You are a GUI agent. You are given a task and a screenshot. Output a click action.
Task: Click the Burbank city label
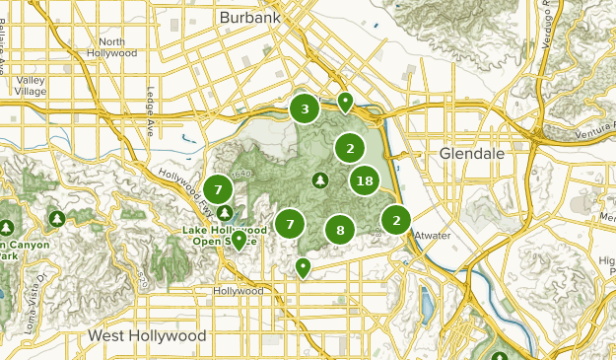click(249, 18)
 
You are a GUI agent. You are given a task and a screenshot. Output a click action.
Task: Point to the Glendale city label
click(471, 155)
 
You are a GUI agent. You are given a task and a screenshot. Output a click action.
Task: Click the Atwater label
click(432, 234)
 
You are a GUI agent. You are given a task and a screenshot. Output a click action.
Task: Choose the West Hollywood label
click(147, 336)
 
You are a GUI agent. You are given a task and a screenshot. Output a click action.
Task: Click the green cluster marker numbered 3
click(305, 109)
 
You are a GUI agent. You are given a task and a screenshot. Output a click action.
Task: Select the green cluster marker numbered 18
click(365, 180)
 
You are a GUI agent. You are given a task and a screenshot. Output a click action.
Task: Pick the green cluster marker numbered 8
click(340, 231)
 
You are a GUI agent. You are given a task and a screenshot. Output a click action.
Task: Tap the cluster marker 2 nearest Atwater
click(396, 220)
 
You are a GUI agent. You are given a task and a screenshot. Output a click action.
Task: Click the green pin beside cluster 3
click(345, 102)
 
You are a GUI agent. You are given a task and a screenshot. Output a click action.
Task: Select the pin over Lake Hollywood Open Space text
click(239, 240)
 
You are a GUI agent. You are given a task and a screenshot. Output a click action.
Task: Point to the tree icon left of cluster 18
click(319, 180)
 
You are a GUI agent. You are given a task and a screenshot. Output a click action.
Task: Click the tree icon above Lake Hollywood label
click(226, 212)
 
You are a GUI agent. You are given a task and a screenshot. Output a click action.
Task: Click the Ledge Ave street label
click(150, 113)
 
